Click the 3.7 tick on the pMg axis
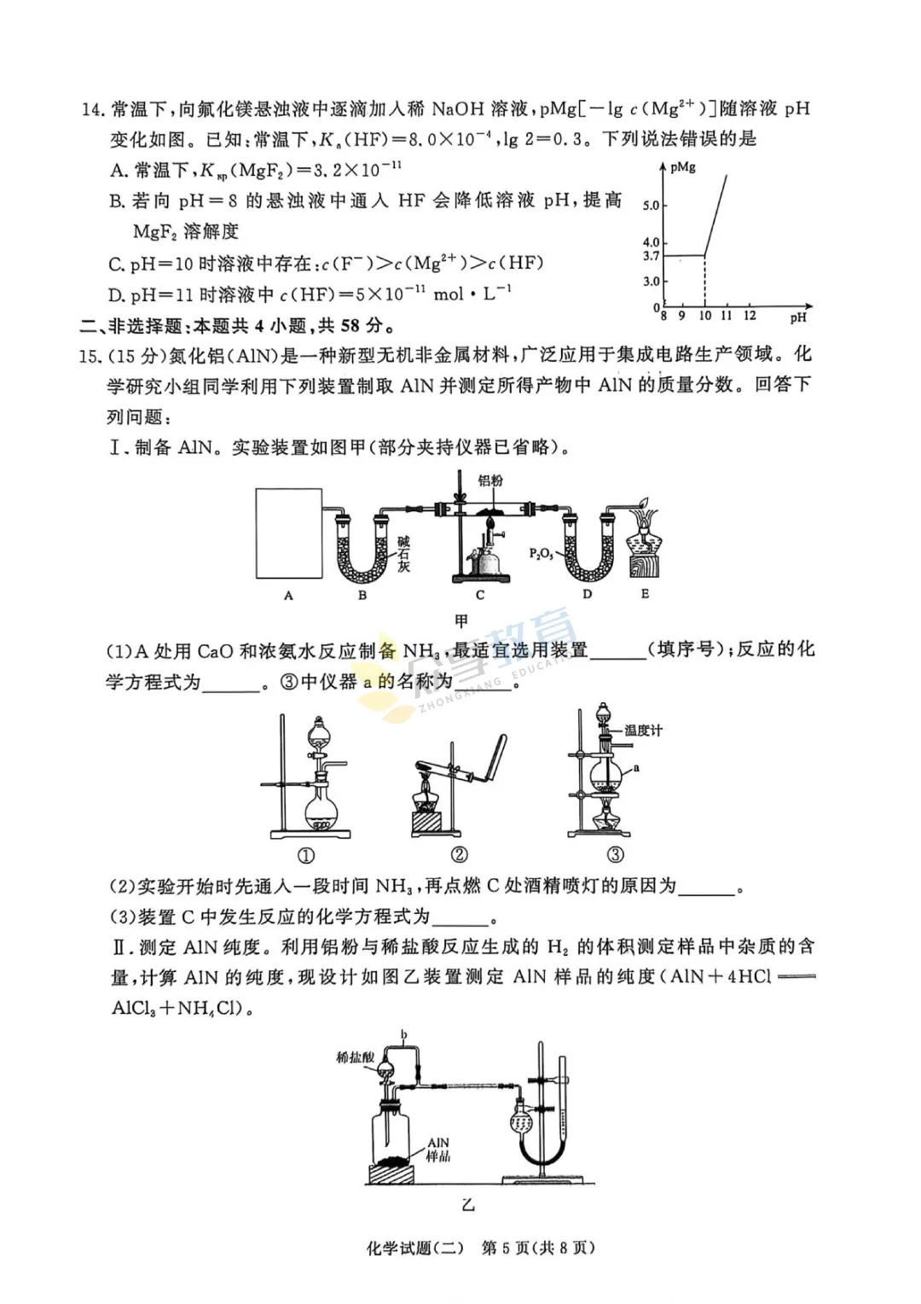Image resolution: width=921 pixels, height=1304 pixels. (x=652, y=255)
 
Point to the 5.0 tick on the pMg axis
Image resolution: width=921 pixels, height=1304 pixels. (x=652, y=205)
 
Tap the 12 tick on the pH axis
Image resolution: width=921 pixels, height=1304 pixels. (x=750, y=316)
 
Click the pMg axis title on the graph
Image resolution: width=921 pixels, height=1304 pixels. (x=683, y=167)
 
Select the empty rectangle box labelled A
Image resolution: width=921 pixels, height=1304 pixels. (x=289, y=533)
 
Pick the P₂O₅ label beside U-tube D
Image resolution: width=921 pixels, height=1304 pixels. (x=541, y=553)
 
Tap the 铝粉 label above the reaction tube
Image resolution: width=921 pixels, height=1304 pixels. (x=490, y=480)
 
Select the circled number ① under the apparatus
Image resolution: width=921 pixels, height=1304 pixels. (x=306, y=854)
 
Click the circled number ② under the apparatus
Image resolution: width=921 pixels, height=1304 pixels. (x=459, y=854)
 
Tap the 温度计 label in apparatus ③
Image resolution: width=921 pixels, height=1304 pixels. (x=643, y=731)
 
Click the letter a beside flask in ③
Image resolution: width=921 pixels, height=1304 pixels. (x=636, y=768)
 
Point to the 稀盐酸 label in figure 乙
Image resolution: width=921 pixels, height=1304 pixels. (x=355, y=1057)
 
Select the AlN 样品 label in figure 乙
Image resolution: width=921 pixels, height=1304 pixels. (x=438, y=1150)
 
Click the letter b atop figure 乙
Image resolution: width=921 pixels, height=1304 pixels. (x=404, y=1035)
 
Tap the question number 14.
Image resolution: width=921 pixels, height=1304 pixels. (x=92, y=109)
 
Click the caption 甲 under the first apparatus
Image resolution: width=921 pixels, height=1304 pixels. (x=461, y=621)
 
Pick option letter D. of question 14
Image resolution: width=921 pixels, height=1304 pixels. (x=118, y=295)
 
